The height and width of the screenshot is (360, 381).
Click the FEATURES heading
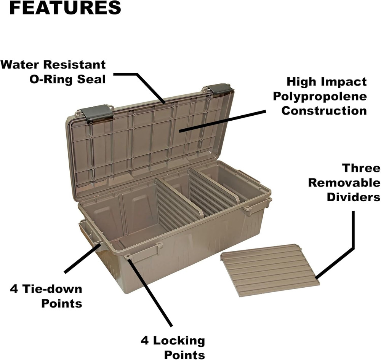pyautogui.click(x=65, y=8)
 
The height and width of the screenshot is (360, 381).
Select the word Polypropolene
pyautogui.click(x=320, y=96)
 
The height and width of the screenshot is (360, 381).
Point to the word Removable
pyautogui.click(x=344, y=183)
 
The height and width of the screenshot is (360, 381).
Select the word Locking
pyautogui.click(x=179, y=340)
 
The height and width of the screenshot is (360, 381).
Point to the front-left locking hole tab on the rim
pyautogui.click(x=128, y=256)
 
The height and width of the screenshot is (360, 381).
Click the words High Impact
pyautogui.click(x=327, y=81)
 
